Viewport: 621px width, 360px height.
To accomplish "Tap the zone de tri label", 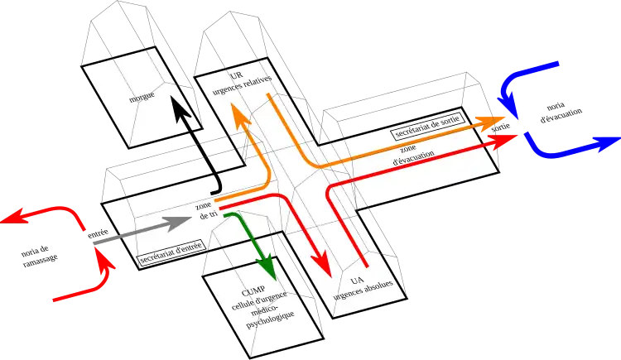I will pos(205,209).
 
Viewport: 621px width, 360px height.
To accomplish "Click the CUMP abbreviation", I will pos(253,291).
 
